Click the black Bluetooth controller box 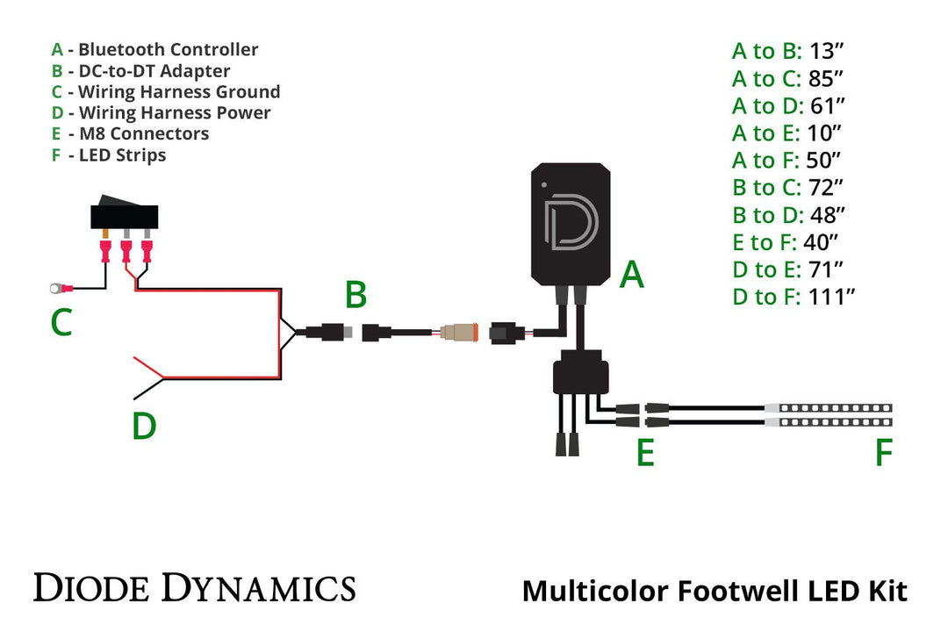click(570, 223)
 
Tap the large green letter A click(632, 276)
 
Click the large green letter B click(355, 295)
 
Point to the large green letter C click(61, 324)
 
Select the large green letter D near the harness click(144, 427)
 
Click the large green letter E click(645, 453)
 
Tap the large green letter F click(883, 453)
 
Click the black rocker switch click(125, 214)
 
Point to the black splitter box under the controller click(579, 374)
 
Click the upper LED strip click(829, 408)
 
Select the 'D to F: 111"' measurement click(794, 297)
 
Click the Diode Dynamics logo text click(194, 587)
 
